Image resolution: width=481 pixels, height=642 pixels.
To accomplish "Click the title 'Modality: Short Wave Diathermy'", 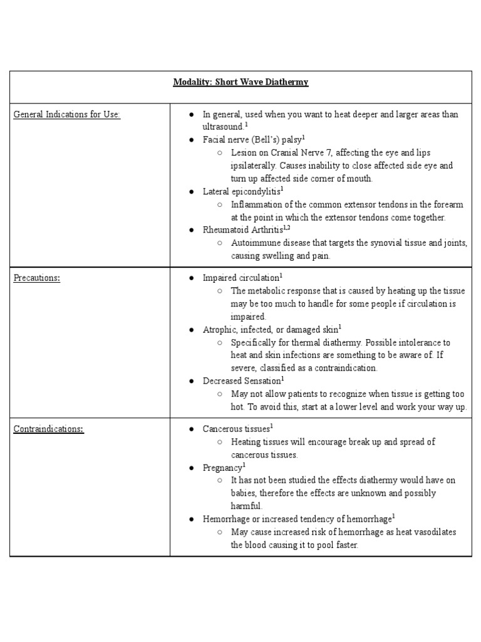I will click(240, 82).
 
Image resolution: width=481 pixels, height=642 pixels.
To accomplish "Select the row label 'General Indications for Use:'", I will click(67, 114).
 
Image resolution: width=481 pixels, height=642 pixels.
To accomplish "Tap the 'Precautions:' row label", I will click(37, 278).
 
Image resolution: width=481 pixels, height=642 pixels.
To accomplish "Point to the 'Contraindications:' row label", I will click(49, 429).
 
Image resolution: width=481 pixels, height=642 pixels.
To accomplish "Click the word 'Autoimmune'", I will click(254, 243).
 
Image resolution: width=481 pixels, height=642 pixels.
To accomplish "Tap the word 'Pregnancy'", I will click(222, 468).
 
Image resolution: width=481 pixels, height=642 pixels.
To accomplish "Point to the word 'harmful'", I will click(246, 506).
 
